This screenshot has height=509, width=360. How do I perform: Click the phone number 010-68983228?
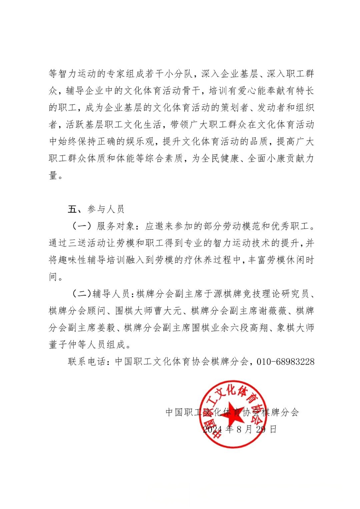click(x=286, y=361)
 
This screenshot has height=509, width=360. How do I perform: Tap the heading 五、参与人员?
click(x=96, y=209)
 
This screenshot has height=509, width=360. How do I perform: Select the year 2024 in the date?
click(x=212, y=429)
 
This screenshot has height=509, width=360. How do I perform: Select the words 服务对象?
click(x=116, y=226)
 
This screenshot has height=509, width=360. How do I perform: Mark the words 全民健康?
click(x=222, y=159)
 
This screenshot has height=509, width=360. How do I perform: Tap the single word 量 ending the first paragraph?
click(x=53, y=175)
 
